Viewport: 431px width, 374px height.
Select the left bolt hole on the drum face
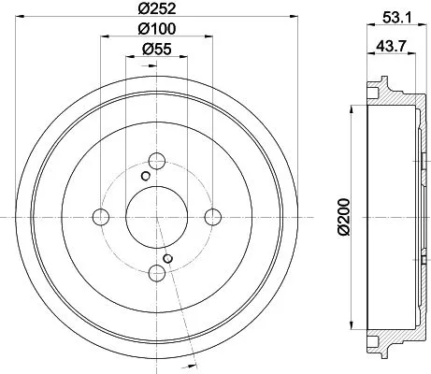pyautogui.click(x=101, y=217)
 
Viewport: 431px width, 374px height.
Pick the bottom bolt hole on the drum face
pyautogui.click(x=157, y=272)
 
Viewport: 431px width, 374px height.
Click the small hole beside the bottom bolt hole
pyautogui.click(x=167, y=258)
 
